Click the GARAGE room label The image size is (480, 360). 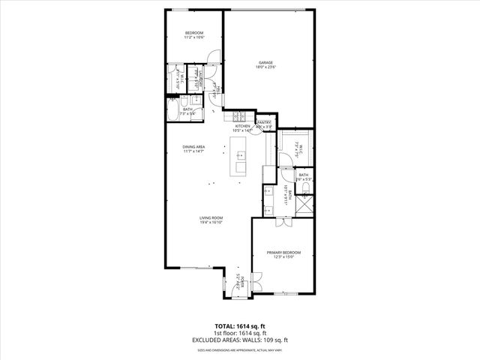point(265,63)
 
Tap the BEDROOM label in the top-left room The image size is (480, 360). point(194,32)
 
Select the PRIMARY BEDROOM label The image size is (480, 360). point(283,253)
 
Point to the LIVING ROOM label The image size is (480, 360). point(212,218)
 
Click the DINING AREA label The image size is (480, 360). point(193,147)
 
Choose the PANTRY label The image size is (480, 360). point(265,122)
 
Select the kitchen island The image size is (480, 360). point(241,161)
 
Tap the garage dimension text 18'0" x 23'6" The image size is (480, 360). point(265,68)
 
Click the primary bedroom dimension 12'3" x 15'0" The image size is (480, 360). point(283,258)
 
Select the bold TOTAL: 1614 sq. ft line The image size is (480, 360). point(240,327)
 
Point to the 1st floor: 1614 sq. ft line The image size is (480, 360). point(240,333)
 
